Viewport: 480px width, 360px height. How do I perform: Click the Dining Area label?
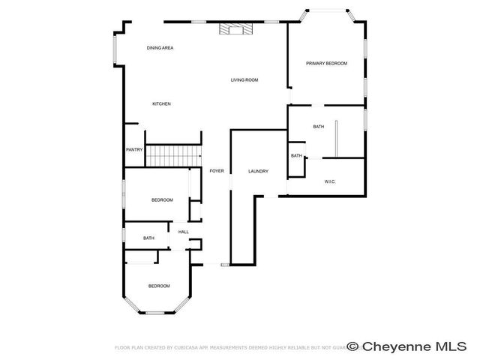coord(160,48)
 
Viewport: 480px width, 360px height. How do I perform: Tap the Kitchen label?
coord(162,103)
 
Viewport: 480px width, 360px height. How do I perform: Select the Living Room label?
coord(244,79)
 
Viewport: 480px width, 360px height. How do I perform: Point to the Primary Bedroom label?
coord(326,64)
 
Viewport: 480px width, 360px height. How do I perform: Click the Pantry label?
coord(134,150)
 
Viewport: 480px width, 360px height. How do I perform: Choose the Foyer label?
coord(217,172)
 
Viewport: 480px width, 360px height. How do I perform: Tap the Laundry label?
coord(258,172)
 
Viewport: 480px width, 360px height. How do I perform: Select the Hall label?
coord(183,232)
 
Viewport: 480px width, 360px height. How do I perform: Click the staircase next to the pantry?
coord(173,156)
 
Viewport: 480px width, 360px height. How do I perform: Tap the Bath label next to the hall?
coord(148,238)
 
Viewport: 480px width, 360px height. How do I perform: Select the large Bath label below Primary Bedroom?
coord(319,127)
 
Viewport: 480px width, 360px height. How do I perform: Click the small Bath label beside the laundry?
coord(296,156)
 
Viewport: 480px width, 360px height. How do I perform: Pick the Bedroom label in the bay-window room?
coord(158,286)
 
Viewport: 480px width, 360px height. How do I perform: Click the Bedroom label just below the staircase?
coord(162,199)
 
